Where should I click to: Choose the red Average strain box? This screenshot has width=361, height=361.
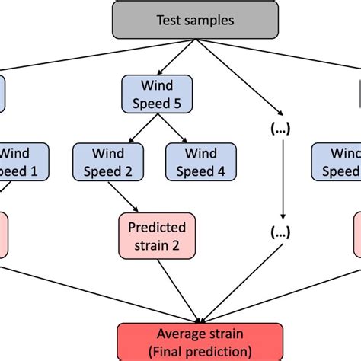pyautogui.click(x=201, y=342)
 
